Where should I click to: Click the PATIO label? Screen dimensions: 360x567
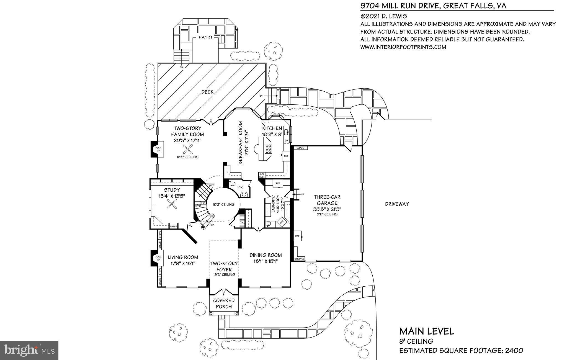(205, 37)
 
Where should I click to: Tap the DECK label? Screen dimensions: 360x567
(207, 92)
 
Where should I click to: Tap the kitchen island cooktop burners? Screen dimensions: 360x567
(268, 149)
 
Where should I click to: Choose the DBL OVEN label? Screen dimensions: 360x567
(262, 175)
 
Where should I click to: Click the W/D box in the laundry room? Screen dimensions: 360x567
(282, 222)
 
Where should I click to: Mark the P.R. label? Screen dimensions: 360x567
(240, 187)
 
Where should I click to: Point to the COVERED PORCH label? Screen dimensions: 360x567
(224, 304)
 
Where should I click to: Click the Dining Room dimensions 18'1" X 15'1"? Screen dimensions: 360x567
(266, 261)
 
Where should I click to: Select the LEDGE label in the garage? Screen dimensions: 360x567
(300, 148)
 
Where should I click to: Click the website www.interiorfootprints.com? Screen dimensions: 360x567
(403, 47)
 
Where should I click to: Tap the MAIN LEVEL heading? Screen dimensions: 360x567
(426, 331)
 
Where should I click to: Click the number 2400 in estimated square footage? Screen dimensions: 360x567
(514, 351)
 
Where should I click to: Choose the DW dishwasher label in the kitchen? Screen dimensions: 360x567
(287, 141)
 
